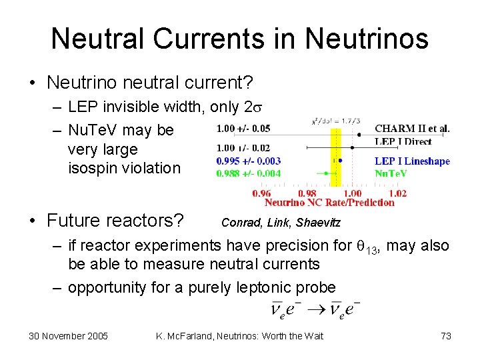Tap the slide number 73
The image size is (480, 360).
point(446,336)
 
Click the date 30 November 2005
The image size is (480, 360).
point(68,336)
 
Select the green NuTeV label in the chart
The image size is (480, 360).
point(391,173)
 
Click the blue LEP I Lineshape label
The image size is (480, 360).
point(412,161)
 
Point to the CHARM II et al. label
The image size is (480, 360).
point(412,129)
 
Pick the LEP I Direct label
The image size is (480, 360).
point(403,141)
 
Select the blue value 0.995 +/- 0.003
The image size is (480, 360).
point(248,161)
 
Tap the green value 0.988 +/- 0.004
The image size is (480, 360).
point(248,173)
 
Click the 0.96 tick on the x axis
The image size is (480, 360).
point(262,193)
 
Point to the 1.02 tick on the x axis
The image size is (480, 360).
point(397,193)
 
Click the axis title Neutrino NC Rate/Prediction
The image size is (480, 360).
point(329,202)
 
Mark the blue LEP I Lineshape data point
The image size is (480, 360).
point(340,161)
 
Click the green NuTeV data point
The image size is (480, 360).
point(326,173)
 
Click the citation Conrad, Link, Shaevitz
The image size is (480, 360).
point(275,222)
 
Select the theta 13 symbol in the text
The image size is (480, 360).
point(367,247)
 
